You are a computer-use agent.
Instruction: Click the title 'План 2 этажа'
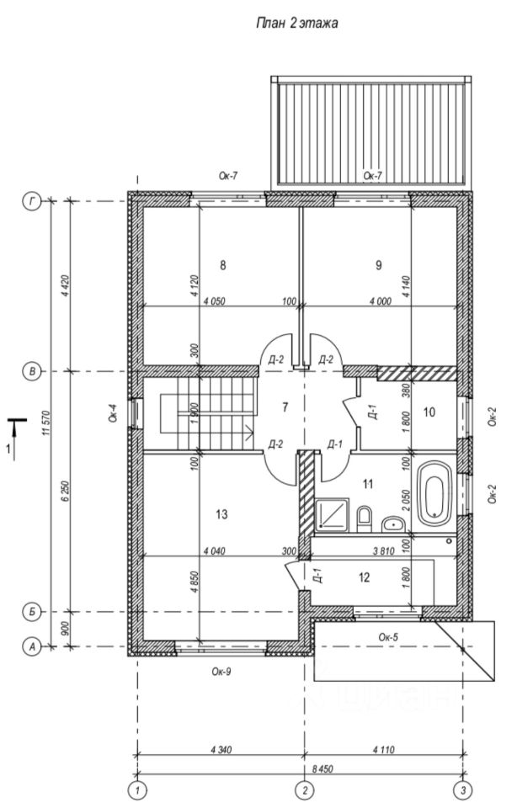296,25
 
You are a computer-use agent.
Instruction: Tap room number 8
223,265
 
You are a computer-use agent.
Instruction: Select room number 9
379,265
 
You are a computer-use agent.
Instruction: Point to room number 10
429,412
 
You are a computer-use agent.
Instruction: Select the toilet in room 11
365,518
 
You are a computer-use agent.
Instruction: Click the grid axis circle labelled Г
33,202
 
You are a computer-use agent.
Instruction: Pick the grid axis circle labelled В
33,371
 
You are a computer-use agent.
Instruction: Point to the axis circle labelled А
33,646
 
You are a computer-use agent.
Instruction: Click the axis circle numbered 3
462,789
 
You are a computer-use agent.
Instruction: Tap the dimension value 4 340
219,748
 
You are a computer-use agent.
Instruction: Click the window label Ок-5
388,636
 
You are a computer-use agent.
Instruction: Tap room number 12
364,577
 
